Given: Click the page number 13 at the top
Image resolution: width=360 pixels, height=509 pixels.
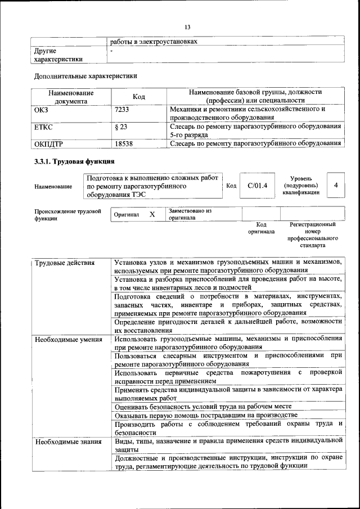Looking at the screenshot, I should [187, 26].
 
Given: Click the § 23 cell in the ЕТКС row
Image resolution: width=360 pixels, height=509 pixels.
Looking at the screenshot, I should [120, 127].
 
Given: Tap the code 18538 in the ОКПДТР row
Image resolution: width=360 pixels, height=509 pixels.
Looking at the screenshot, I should [123, 143].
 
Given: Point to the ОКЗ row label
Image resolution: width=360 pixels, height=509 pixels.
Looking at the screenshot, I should [41, 110].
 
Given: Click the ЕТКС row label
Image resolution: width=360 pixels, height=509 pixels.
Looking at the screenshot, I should [43, 127].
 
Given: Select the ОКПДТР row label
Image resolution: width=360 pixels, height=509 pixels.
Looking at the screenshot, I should [48, 143].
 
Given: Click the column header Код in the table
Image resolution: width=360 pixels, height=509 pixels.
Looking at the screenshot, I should [138, 97].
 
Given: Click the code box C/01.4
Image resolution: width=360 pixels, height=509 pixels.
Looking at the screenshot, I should [257, 186].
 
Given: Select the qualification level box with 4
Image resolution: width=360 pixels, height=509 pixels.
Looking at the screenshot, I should [336, 185].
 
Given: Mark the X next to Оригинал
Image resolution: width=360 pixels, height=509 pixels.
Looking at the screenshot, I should [152, 214].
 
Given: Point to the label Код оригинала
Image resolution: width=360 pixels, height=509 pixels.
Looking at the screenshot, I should [260, 228].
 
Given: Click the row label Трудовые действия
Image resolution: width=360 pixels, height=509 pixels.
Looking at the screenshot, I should [64, 263].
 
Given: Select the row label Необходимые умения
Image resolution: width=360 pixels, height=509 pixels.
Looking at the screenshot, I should [68, 339].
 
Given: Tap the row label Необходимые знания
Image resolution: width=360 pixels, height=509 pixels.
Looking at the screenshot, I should [67, 442].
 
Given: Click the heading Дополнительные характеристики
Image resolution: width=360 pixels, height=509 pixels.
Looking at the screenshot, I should [85, 75].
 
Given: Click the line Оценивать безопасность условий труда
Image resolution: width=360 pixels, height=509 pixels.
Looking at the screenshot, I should [201, 406].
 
